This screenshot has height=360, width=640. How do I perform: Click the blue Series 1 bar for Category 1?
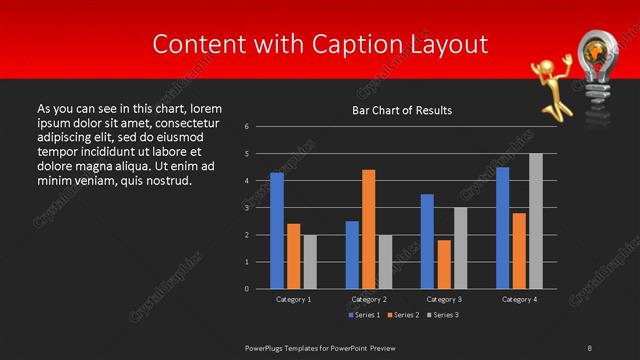tap(277, 231)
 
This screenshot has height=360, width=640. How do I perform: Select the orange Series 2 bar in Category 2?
tap(369, 229)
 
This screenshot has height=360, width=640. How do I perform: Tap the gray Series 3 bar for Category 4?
tap(536, 221)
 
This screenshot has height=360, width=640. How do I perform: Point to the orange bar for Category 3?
tap(444, 264)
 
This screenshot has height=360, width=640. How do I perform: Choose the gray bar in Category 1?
tap(310, 261)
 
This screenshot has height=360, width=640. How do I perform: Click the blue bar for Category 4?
tap(502, 228)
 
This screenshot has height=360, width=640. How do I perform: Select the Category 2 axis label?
tap(369, 299)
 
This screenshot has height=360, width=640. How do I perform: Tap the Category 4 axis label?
tap(519, 299)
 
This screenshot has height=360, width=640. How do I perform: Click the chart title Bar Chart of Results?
tap(403, 110)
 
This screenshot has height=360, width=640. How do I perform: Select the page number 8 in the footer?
tap(590, 347)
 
